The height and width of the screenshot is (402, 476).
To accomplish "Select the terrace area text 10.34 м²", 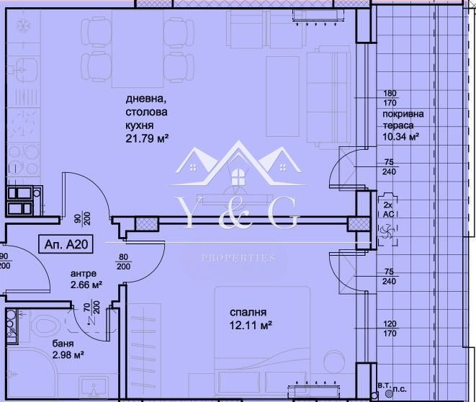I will pos(402,136).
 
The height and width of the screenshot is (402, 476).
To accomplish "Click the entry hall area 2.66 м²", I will pos(86,285).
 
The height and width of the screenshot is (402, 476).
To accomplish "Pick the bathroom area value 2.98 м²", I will pos(68,354).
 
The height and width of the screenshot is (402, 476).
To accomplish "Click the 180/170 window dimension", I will pos(390,98).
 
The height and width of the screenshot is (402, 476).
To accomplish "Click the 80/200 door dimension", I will pos(125,262).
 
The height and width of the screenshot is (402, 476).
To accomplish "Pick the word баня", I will pos(62,343).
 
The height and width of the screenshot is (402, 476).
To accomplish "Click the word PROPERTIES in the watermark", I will pos(238,258).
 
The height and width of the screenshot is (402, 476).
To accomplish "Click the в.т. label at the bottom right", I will pos(380,388).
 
